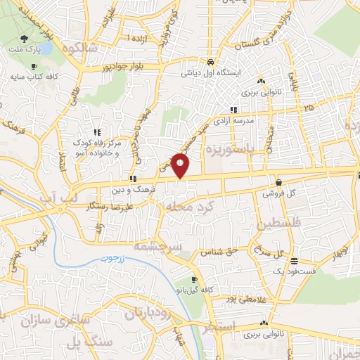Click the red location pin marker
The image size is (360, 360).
tap(181, 167)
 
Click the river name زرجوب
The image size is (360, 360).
tap(110, 258)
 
